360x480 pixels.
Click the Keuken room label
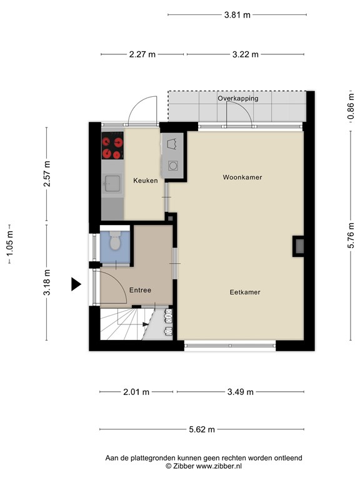tap(146, 181)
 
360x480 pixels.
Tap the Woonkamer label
tap(242, 177)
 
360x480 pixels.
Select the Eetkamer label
tap(245, 292)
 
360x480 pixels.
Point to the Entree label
tap(140, 290)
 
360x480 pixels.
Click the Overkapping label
tap(238, 98)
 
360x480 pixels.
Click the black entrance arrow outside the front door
tap(76, 284)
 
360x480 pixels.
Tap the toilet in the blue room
tap(115, 240)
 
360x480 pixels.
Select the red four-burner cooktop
tap(112, 146)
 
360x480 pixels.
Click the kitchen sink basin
tap(112, 183)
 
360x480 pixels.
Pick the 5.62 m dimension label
tap(202, 429)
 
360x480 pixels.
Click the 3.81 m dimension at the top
tap(237, 15)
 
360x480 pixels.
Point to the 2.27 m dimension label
tap(142, 54)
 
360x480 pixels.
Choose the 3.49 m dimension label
tap(240, 392)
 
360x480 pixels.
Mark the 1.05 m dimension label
tap(10, 244)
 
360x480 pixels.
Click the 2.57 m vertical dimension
tap(47, 174)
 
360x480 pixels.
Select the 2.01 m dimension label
tap(136, 392)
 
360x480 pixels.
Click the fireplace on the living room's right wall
tap(299, 246)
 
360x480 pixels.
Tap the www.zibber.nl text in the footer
tap(219, 466)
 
